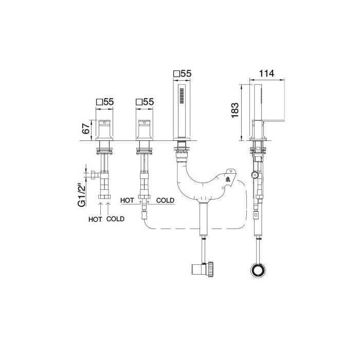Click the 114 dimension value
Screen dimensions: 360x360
pos(266,74)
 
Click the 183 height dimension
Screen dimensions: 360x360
pos(235,111)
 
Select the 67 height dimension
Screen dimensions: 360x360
pos(86,129)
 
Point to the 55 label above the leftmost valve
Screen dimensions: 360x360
pos(109,102)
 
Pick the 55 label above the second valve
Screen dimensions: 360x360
pos(148,102)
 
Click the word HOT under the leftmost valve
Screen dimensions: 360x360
pos(95,219)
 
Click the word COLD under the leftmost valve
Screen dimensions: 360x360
pos(115,219)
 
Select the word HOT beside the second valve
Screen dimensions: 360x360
pos(127,201)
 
